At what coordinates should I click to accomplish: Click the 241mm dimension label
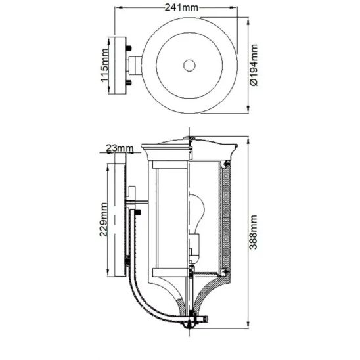coord(181,8)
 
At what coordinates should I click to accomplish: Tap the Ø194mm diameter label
coord(254,65)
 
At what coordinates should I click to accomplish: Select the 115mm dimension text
coord(104,65)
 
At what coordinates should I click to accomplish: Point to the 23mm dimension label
coord(120,148)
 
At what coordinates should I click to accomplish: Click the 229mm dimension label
coord(104,219)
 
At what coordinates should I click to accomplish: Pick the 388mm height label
coord(254,232)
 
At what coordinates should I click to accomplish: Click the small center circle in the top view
coord(189,66)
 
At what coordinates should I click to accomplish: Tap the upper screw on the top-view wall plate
coord(129,49)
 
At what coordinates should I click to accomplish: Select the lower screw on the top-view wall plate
coord(129,82)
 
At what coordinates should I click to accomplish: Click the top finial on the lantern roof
coord(189,138)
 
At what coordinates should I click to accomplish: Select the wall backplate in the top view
coord(120,65)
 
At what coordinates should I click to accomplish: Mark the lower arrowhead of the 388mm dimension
coord(248,325)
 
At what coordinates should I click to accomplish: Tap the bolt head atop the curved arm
coord(138,212)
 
